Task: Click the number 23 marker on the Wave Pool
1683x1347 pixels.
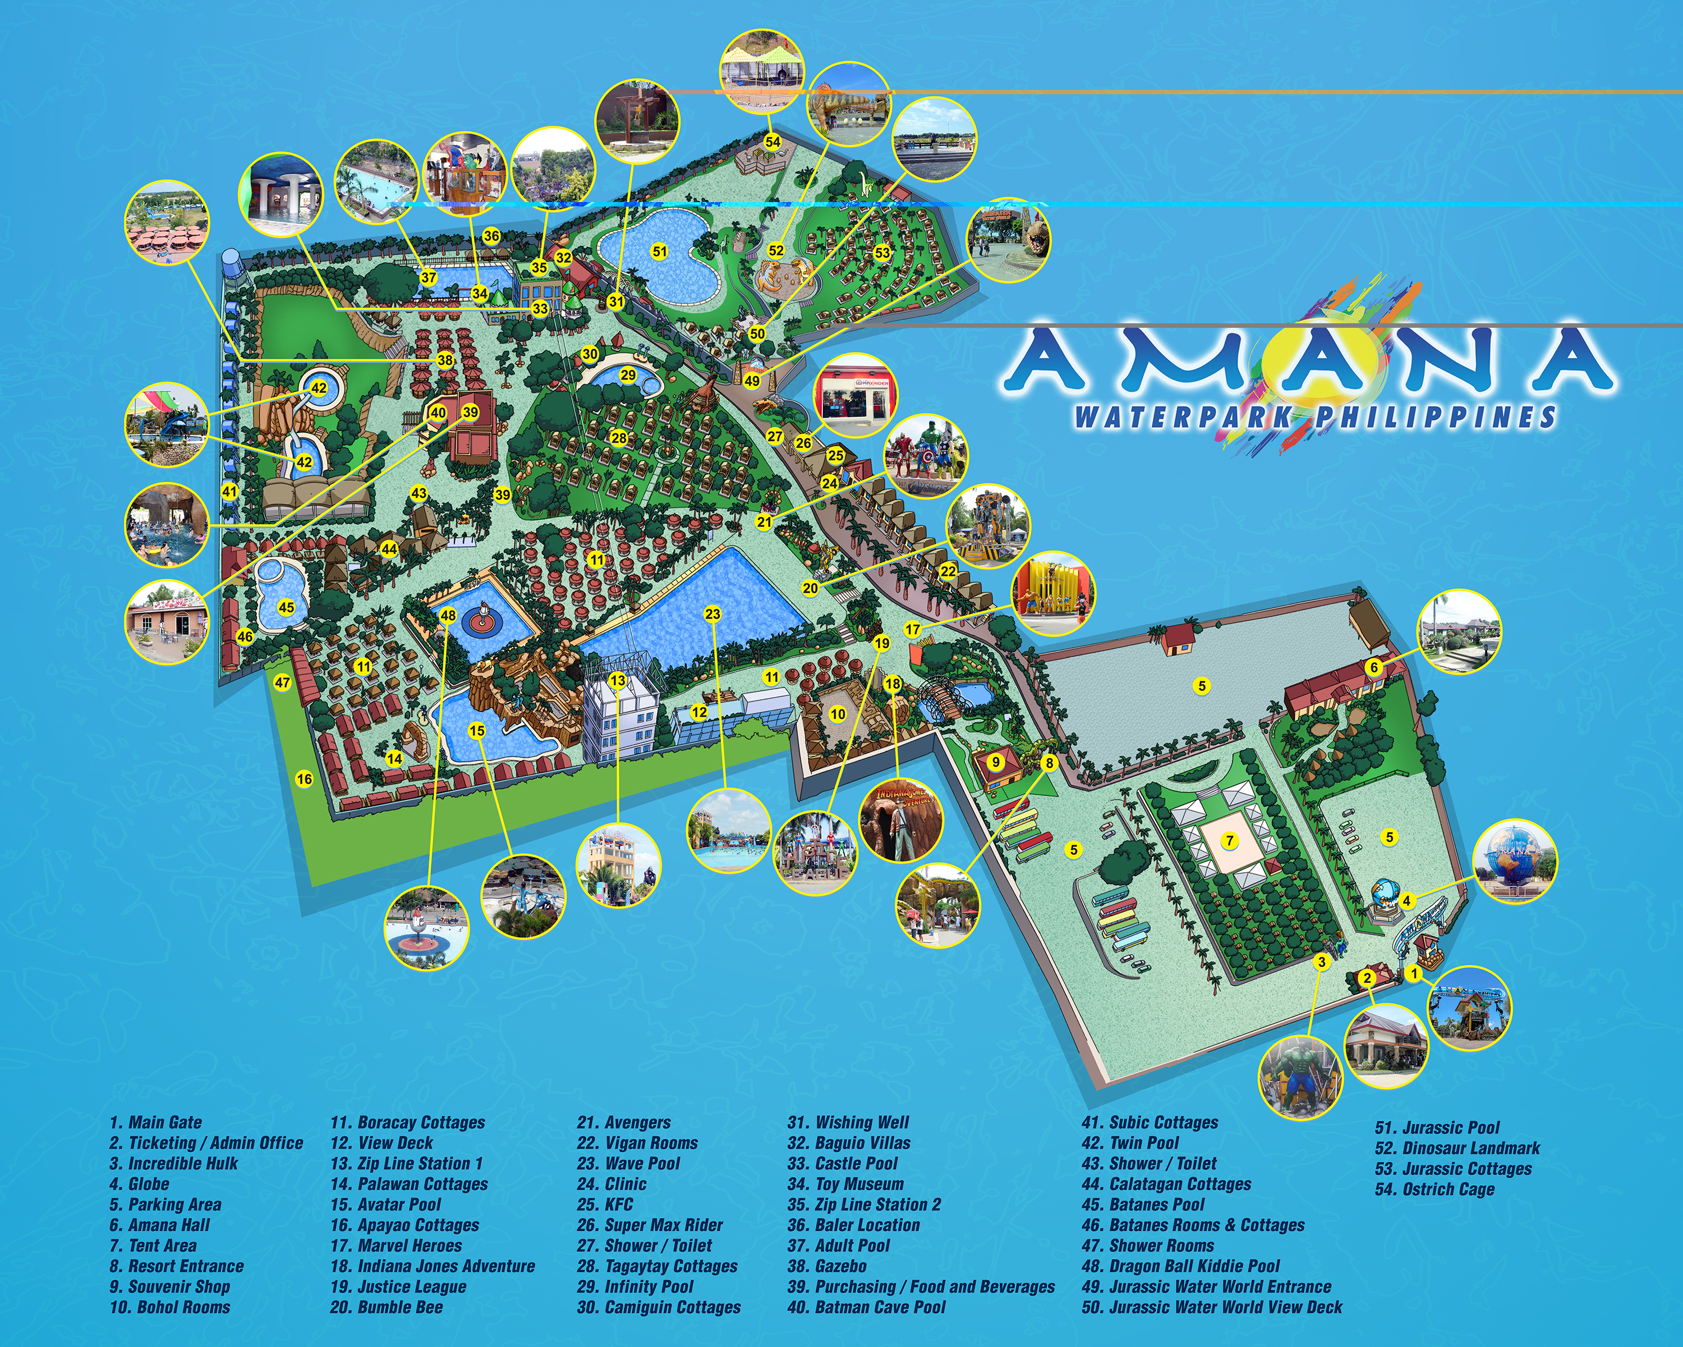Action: (712, 614)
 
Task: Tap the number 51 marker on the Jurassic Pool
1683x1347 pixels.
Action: (660, 251)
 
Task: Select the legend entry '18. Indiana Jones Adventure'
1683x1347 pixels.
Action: (433, 1266)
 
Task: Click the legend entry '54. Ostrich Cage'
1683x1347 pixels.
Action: (1435, 1189)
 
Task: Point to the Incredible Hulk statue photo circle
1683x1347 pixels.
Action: (1300, 1078)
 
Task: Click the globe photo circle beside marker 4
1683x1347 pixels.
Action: (1514, 862)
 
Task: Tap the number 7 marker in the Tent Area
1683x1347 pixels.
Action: (1230, 841)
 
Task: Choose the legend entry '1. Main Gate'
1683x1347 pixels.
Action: (155, 1122)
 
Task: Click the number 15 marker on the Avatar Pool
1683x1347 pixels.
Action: (477, 731)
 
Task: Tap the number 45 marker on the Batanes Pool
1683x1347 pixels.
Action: (286, 607)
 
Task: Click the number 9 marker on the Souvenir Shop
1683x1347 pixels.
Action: (995, 762)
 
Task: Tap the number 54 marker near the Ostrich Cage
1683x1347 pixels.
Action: (772, 141)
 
